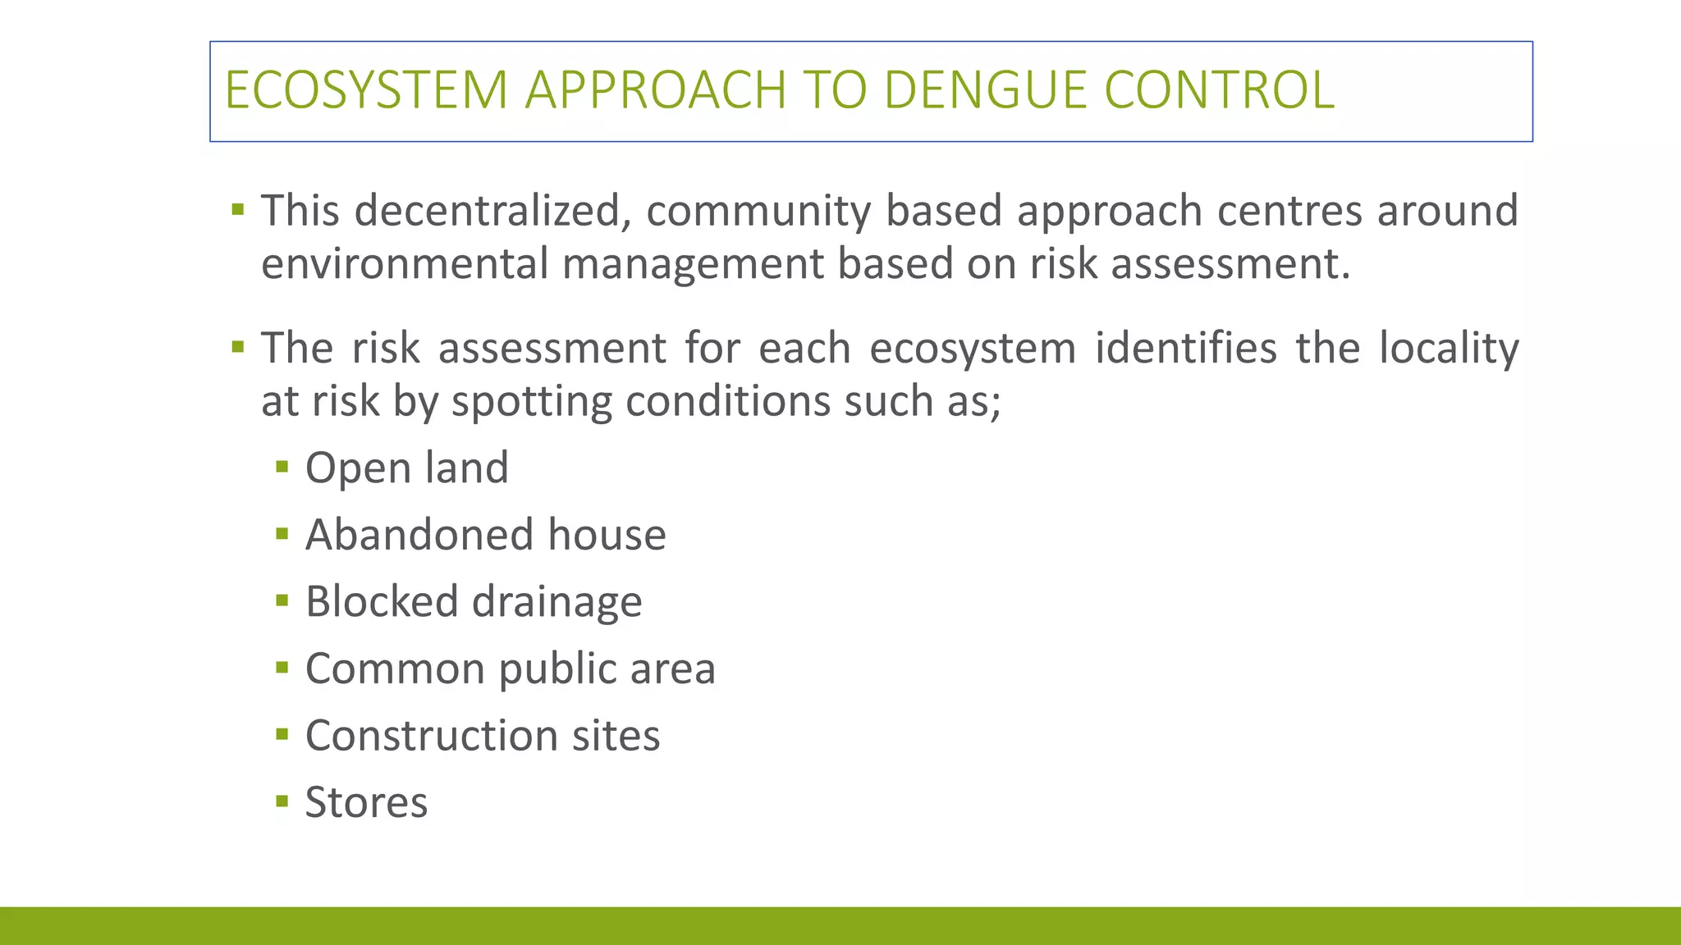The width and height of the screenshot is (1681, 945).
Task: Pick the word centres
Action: pos(1289,210)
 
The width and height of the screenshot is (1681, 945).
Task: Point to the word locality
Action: pos(1449,349)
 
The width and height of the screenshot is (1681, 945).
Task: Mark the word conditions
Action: pos(728,402)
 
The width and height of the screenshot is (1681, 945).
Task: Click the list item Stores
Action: pos(366,802)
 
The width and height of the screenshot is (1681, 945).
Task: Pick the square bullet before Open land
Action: pos(282,468)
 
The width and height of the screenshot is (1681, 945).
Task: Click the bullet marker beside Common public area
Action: pos(282,668)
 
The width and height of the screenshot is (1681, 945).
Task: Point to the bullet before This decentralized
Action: pos(238,209)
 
